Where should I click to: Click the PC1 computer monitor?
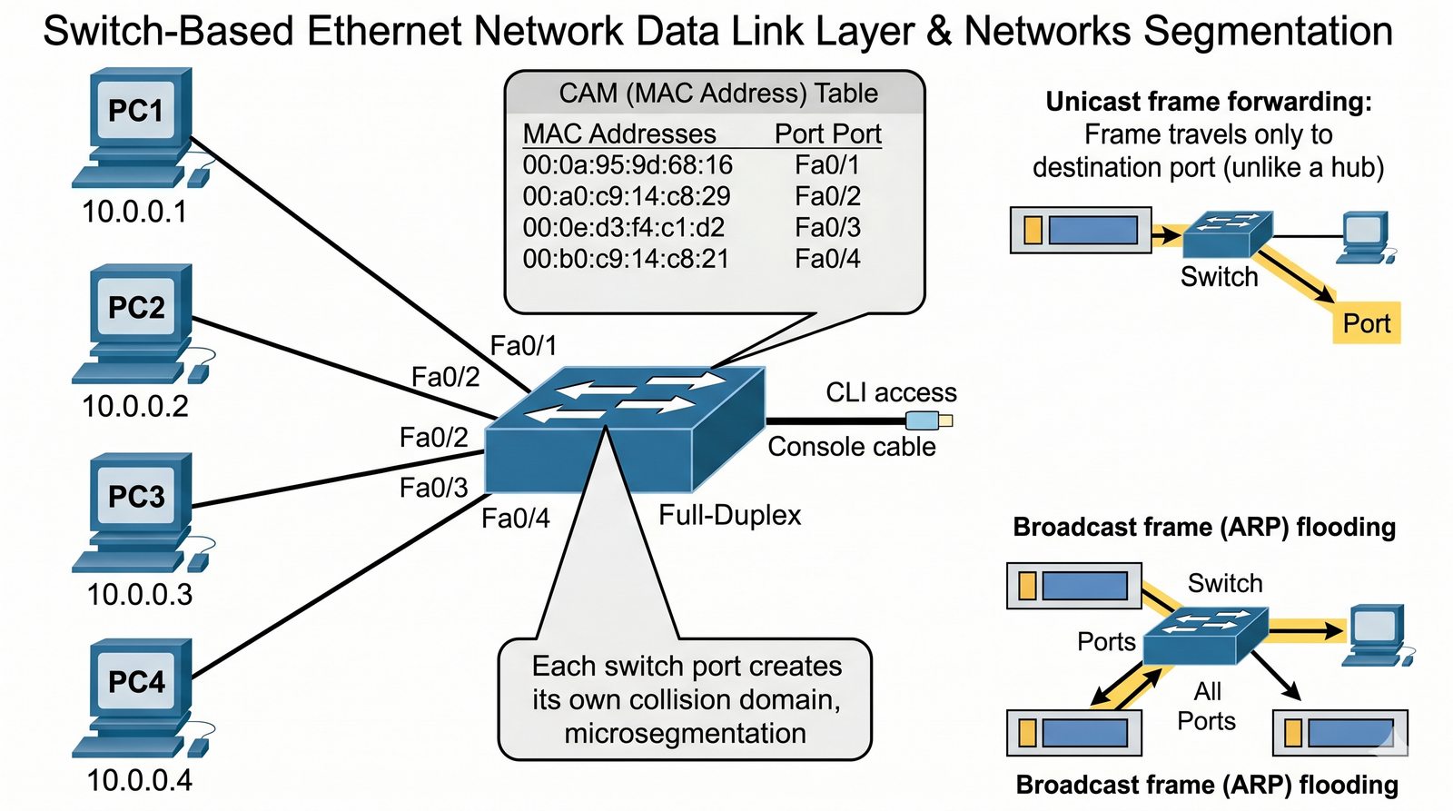(136, 111)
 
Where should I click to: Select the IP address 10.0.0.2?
(135, 406)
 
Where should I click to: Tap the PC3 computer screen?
(136, 497)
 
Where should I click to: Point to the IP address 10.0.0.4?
(140, 780)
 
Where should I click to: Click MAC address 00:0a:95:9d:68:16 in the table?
(628, 165)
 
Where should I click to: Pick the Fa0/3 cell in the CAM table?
(827, 228)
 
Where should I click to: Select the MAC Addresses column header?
(619, 134)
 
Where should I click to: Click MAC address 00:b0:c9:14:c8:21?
(626, 260)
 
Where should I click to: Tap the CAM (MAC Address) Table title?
(717, 94)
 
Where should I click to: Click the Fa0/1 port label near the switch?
(523, 346)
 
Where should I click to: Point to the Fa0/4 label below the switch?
(515, 519)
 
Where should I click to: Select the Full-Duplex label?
(729, 516)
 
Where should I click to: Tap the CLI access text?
(891, 392)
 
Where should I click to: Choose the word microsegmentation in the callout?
(685, 734)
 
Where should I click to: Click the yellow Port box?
(1366, 323)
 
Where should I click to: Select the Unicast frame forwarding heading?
(1208, 102)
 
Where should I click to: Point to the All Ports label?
(1207, 707)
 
